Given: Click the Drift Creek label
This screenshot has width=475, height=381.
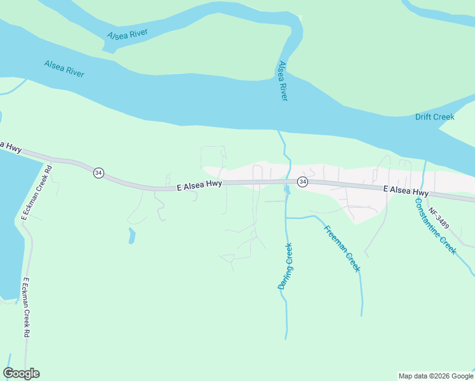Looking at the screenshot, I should pyautogui.click(x=435, y=117).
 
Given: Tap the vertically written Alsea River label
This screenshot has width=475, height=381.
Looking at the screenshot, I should pyautogui.click(x=283, y=81).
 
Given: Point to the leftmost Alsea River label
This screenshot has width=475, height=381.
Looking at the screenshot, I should pyautogui.click(x=64, y=69).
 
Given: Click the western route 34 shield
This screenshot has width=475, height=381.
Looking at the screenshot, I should pyautogui.click(x=98, y=173).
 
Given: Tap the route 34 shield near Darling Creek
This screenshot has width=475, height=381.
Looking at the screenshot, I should pyautogui.click(x=303, y=182).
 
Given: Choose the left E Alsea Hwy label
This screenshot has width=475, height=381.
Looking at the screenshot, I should pyautogui.click(x=199, y=184).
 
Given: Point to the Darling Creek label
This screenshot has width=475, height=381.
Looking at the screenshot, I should pyautogui.click(x=285, y=266).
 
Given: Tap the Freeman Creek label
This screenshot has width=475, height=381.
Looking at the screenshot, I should pyautogui.click(x=342, y=248).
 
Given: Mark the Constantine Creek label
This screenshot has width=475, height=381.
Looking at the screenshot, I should pyautogui.click(x=435, y=226).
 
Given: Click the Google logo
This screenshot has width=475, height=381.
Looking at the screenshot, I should pyautogui.click(x=21, y=373).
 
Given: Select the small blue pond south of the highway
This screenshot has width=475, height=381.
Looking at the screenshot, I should pyautogui.click(x=131, y=236).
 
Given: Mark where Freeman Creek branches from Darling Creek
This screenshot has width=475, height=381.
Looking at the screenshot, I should pyautogui.click(x=287, y=217).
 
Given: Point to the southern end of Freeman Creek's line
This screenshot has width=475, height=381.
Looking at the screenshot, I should pyautogui.click(x=362, y=315).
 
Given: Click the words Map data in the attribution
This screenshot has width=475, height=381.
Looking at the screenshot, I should pyautogui.click(x=411, y=376).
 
